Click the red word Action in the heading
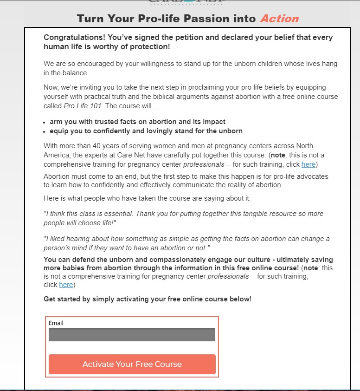tap(279, 19)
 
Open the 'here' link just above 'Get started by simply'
tap(66, 285)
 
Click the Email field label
tap(56, 323)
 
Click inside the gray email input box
tap(132, 335)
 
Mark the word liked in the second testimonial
tap(59, 239)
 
